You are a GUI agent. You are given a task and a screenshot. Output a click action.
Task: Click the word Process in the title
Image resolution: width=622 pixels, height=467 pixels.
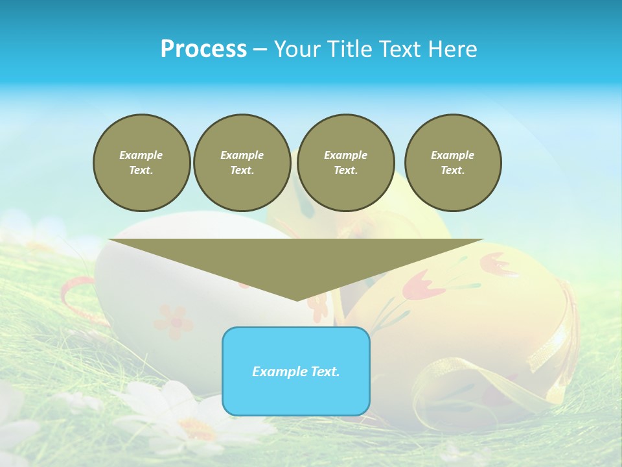pyautogui.click(x=203, y=49)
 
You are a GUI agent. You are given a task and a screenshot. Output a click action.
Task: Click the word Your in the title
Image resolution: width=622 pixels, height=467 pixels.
pyautogui.click(x=298, y=49)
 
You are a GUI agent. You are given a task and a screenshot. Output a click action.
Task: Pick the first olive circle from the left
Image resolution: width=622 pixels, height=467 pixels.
pyautogui.click(x=141, y=163)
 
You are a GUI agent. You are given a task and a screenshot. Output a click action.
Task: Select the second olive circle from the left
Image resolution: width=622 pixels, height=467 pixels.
pyautogui.click(x=242, y=163)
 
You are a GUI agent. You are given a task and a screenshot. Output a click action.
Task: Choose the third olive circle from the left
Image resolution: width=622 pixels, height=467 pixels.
pyautogui.click(x=345, y=163)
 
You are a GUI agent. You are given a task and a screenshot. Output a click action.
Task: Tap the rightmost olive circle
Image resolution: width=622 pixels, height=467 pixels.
pyautogui.click(x=452, y=163)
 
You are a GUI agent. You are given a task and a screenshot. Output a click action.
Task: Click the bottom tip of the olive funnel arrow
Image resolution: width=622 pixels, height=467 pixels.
pyautogui.click(x=297, y=299)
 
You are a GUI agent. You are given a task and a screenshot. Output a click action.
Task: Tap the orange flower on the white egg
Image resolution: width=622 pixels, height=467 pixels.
pyautogui.click(x=173, y=320)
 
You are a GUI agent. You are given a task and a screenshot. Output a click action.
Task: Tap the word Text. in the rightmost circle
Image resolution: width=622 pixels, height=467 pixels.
pyautogui.click(x=452, y=171)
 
